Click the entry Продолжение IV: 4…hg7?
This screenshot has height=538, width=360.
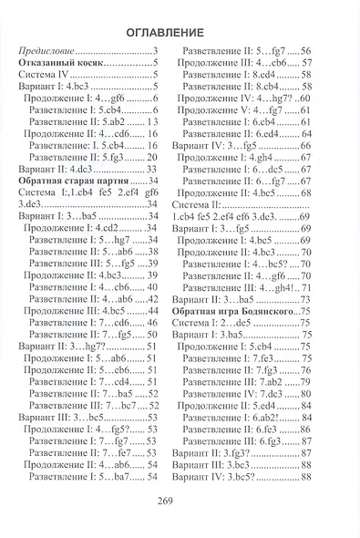(x=231, y=98)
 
